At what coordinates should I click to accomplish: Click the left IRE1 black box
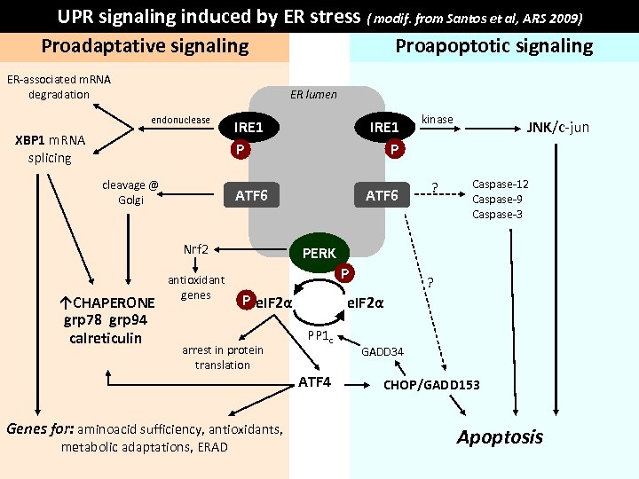tap(248, 127)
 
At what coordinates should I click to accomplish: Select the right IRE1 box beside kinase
tap(384, 127)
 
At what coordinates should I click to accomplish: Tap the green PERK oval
tap(319, 254)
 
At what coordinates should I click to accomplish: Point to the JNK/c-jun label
tap(558, 127)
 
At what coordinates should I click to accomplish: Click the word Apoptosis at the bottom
tap(500, 436)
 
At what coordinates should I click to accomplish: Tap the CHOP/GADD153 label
tap(431, 385)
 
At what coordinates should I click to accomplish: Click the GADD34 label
tap(383, 352)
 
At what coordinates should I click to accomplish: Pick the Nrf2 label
tap(195, 248)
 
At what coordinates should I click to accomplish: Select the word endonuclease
tap(180, 120)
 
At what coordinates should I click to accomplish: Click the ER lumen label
tap(313, 94)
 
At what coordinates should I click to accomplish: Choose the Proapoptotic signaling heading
tap(493, 46)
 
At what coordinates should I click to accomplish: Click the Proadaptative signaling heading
tap(146, 46)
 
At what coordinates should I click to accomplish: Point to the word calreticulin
tap(105, 338)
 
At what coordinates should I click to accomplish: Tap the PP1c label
tap(319, 335)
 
